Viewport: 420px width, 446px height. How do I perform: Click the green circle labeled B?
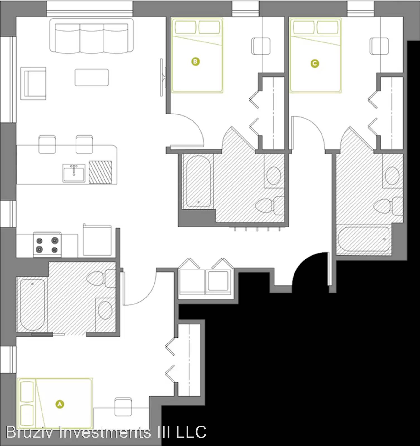(x=195, y=61)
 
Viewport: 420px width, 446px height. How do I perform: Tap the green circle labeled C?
(x=315, y=64)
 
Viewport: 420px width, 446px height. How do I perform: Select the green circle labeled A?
(x=60, y=404)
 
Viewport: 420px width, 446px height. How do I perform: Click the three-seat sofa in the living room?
(x=91, y=36)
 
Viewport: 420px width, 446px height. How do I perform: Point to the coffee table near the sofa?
(x=91, y=77)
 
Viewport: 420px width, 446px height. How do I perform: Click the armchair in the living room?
(x=33, y=83)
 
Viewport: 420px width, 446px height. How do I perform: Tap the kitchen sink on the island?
(x=74, y=173)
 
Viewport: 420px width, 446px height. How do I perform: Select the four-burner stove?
(x=47, y=244)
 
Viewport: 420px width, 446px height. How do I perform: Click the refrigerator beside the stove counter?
(x=97, y=240)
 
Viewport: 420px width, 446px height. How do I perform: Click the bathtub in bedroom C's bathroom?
(x=363, y=239)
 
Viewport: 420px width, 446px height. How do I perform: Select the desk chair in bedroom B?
(x=261, y=46)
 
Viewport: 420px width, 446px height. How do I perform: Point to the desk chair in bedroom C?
(x=379, y=46)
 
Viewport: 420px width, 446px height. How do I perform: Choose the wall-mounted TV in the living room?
(x=162, y=77)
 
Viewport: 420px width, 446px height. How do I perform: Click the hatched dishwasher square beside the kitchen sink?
(x=100, y=172)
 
